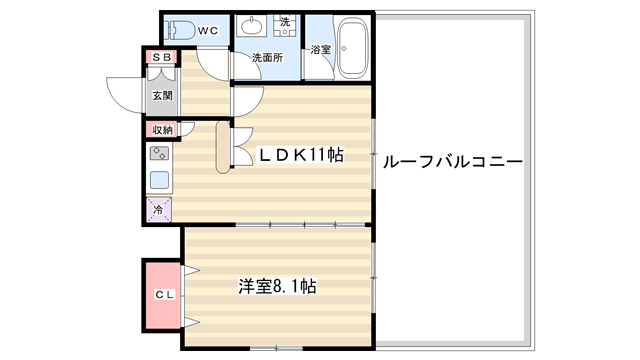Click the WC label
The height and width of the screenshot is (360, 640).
pyautogui.click(x=208, y=31)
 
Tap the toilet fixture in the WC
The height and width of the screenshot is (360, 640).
pyautogui.click(x=179, y=30)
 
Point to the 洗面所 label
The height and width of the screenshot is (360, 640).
pyautogui.click(x=267, y=58)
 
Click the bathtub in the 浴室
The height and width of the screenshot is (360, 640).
pyautogui.click(x=353, y=49)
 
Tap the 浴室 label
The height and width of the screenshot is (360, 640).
pyautogui.click(x=321, y=50)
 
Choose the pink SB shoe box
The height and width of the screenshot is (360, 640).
pyautogui.click(x=162, y=58)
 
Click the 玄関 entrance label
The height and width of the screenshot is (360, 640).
pyautogui.click(x=162, y=96)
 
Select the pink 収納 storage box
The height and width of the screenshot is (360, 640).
pyautogui.click(x=162, y=130)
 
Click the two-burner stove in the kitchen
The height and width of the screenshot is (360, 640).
pyautogui.click(x=159, y=153)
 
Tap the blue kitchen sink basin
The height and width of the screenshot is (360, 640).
pyautogui.click(x=159, y=180)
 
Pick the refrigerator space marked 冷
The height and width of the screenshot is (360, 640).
pyautogui.click(x=159, y=210)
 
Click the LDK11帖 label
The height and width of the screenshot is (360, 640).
pyautogui.click(x=301, y=155)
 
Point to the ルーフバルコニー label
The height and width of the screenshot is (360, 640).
pyautogui.click(x=453, y=162)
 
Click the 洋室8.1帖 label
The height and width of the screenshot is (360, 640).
pyautogui.click(x=278, y=286)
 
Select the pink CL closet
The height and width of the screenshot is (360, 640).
pyautogui.click(x=162, y=295)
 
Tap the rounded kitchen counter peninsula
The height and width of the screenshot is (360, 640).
pyautogui.click(x=223, y=147)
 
